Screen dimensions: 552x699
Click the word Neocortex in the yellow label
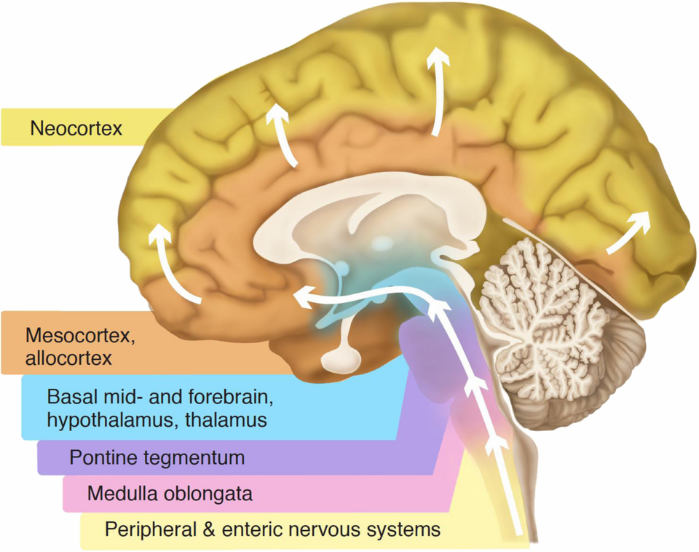pos(76,129)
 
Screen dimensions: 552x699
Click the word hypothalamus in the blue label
pos(103,419)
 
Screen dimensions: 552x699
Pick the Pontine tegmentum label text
pos(157,458)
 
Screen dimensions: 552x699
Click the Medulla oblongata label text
pos(170,494)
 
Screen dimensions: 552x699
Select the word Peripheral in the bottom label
pos(146,529)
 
